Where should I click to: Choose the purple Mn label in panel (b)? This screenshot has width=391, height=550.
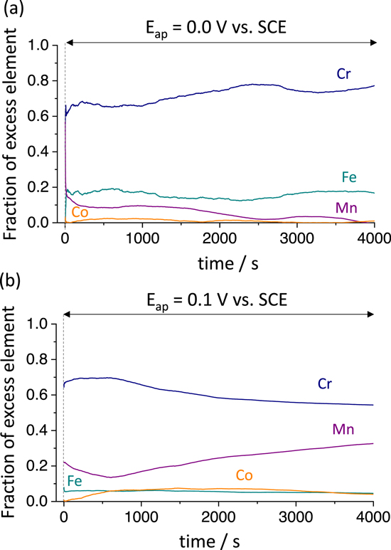pyautogui.click(x=344, y=429)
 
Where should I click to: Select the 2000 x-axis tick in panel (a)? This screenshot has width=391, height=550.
pyautogui.click(x=219, y=238)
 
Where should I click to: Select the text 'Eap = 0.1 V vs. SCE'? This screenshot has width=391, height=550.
pyautogui.click(x=219, y=300)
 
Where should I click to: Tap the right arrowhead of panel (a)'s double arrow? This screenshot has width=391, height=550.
pyautogui.click(x=372, y=43)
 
